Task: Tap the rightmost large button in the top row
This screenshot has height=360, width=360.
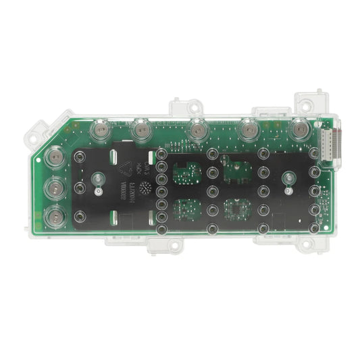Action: coord(298,128)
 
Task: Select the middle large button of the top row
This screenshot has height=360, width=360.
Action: coord(197,128)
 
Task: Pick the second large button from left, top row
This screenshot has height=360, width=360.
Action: coord(142,129)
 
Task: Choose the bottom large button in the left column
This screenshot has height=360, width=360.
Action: coord(54,217)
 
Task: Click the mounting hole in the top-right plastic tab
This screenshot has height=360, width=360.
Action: coord(305,107)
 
